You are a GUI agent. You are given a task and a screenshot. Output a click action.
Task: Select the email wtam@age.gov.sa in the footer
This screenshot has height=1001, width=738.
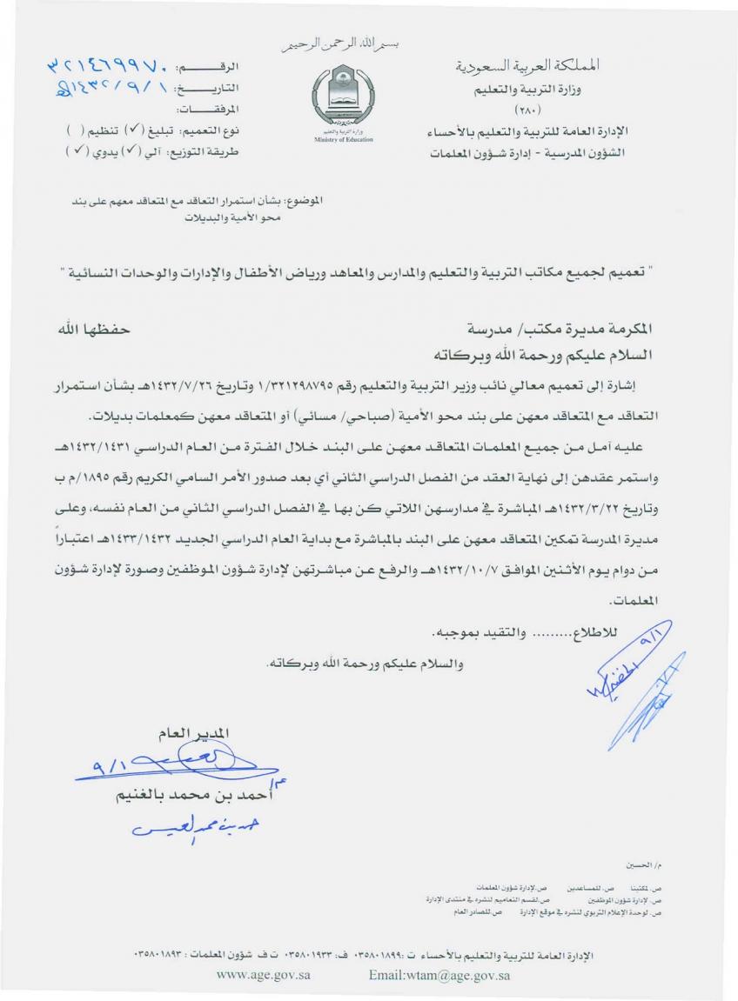pyautogui.click(x=439, y=975)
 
